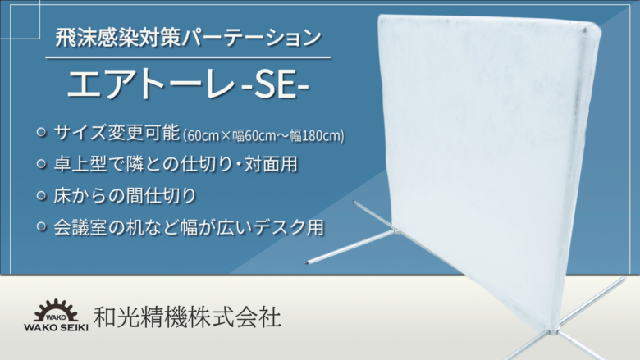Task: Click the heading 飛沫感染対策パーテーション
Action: [189, 39]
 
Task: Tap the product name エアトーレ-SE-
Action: [188, 84]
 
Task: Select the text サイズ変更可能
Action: [117, 133]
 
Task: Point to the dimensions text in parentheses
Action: [263, 135]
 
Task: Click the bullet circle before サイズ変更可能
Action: [42, 133]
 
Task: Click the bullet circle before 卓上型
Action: [42, 164]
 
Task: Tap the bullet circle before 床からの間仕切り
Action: [42, 196]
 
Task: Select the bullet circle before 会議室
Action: [42, 226]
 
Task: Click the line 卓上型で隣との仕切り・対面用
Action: [176, 164]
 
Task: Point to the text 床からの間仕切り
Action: [126, 196]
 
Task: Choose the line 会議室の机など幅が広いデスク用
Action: [189, 227]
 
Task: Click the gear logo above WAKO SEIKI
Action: [56, 311]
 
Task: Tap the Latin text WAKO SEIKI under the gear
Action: [56, 327]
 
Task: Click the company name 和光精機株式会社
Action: [187, 317]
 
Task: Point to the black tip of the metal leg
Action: [306, 262]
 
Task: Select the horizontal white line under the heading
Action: [188, 57]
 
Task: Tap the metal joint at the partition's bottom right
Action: [554, 330]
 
